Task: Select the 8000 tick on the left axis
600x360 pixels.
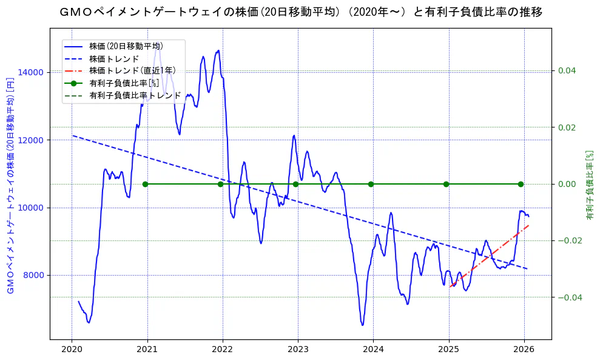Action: [32, 275]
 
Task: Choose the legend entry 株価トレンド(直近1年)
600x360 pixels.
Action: [131, 71]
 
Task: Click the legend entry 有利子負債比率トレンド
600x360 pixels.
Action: [135, 95]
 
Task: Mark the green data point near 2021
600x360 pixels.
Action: [145, 184]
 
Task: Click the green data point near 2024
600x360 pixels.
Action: [371, 184]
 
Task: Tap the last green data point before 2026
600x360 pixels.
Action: [521, 184]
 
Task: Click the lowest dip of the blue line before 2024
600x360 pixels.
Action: [363, 325]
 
